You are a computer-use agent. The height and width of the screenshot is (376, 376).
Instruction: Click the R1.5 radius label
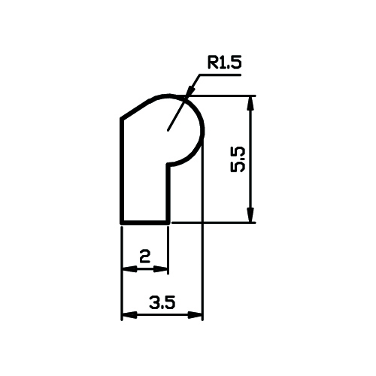coord(225,62)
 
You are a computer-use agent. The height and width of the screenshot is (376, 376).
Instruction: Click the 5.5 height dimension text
coord(238,159)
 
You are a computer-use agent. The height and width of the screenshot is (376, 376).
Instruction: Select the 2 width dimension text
coord(145,256)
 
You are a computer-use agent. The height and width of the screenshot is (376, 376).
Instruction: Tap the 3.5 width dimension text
coord(162,302)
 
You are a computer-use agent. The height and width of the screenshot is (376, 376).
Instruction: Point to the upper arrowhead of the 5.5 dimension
coord(250,103)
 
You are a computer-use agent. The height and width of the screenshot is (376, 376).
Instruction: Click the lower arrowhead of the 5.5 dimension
coord(250,215)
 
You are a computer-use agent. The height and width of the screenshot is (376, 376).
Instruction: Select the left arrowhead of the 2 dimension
coord(129,269)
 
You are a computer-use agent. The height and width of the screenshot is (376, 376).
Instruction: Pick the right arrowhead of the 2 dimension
coord(160,269)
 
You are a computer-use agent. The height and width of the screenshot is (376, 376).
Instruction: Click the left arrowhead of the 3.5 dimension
coord(129,315)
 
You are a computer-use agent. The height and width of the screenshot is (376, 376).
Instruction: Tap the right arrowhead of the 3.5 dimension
coord(195,315)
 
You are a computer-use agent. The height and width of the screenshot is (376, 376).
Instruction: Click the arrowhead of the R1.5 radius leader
coord(190,91)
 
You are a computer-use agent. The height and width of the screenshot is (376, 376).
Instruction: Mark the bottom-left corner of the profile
coord(122,223)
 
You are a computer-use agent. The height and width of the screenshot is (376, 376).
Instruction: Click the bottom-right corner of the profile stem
coord(168,223)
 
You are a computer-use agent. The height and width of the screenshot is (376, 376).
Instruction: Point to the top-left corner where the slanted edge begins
coord(122,118)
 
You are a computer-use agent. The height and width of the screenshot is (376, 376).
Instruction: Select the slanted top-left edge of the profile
coord(137,109)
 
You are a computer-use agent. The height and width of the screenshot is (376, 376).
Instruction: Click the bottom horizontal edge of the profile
coord(145,223)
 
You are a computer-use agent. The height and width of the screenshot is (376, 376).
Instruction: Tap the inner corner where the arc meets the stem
coord(168,165)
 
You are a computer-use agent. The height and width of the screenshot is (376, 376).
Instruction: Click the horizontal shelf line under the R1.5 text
coord(220,74)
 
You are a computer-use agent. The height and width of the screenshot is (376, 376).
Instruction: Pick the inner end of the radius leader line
coord(168,131)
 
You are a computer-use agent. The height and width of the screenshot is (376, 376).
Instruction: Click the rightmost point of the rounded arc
coord(203,131)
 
